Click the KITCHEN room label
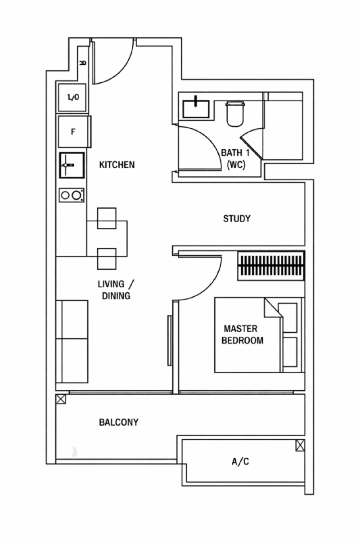[117, 165]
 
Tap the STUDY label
[237, 219]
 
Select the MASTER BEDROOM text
[242, 335]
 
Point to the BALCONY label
[119, 422]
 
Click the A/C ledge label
[240, 461]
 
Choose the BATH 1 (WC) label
[235, 159]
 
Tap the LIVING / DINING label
[116, 290]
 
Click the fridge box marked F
[75, 132]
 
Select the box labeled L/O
[72, 98]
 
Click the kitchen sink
[72, 165]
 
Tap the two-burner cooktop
[72, 195]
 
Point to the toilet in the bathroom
[235, 113]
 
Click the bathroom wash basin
[196, 108]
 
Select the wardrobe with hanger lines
[271, 265]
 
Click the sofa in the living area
[72, 341]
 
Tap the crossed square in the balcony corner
[61, 399]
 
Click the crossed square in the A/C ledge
[300, 445]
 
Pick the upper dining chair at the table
[107, 218]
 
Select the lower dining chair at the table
[107, 259]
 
